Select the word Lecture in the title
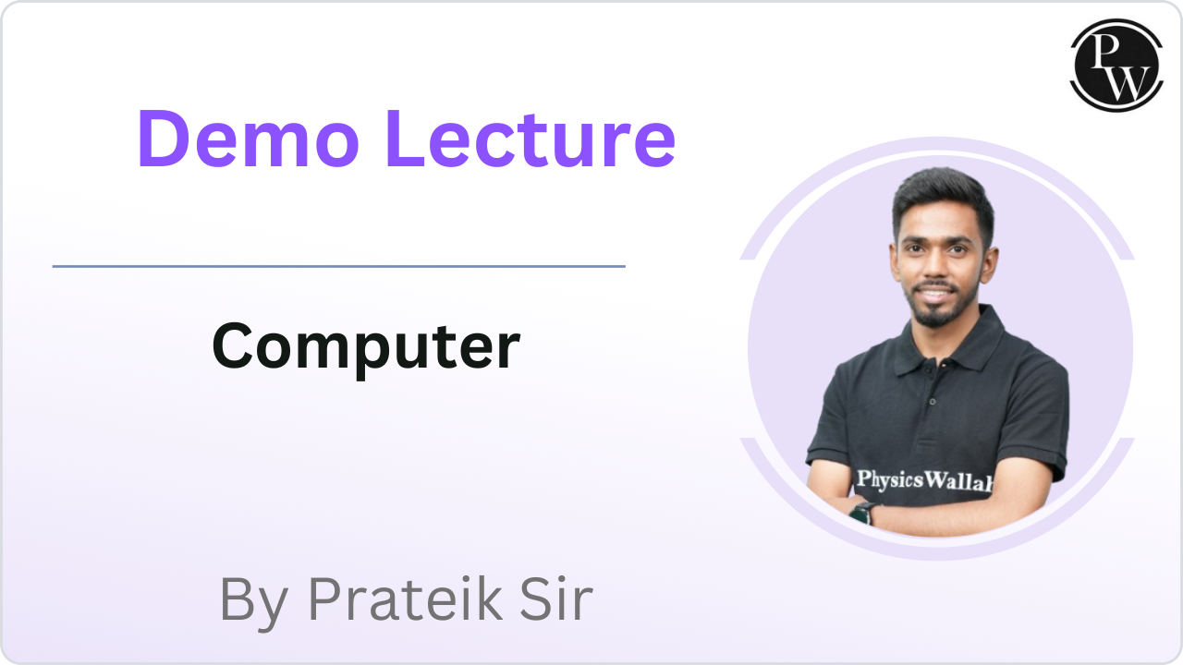click(531, 139)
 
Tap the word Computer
click(365, 346)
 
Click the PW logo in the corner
click(1116, 65)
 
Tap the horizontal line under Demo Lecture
click(338, 266)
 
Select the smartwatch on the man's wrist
click(861, 514)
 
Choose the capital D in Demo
click(165, 139)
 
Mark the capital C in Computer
click(233, 346)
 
